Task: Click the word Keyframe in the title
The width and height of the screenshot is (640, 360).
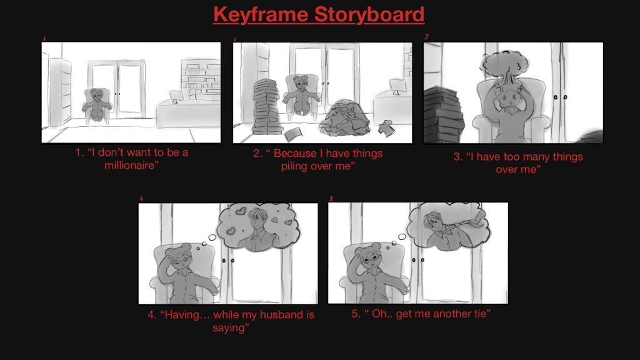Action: (x=261, y=14)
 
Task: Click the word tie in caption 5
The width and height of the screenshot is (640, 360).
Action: (x=480, y=314)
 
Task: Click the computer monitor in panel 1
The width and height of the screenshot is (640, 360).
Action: (x=176, y=96)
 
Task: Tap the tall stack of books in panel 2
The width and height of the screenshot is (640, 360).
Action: (x=266, y=107)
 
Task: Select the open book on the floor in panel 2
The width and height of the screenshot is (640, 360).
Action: (x=294, y=134)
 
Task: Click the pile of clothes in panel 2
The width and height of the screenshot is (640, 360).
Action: (x=344, y=118)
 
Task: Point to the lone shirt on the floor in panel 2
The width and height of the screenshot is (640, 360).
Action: (x=386, y=127)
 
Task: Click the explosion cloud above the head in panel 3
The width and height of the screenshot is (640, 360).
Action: (x=504, y=65)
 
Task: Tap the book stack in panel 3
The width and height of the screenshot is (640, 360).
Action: (x=443, y=116)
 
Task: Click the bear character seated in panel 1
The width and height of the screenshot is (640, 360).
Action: (x=97, y=105)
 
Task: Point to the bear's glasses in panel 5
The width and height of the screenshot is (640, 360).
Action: (x=371, y=259)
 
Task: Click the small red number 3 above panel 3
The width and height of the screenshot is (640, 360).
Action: (x=426, y=37)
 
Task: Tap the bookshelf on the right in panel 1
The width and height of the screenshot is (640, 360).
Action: (x=201, y=78)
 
